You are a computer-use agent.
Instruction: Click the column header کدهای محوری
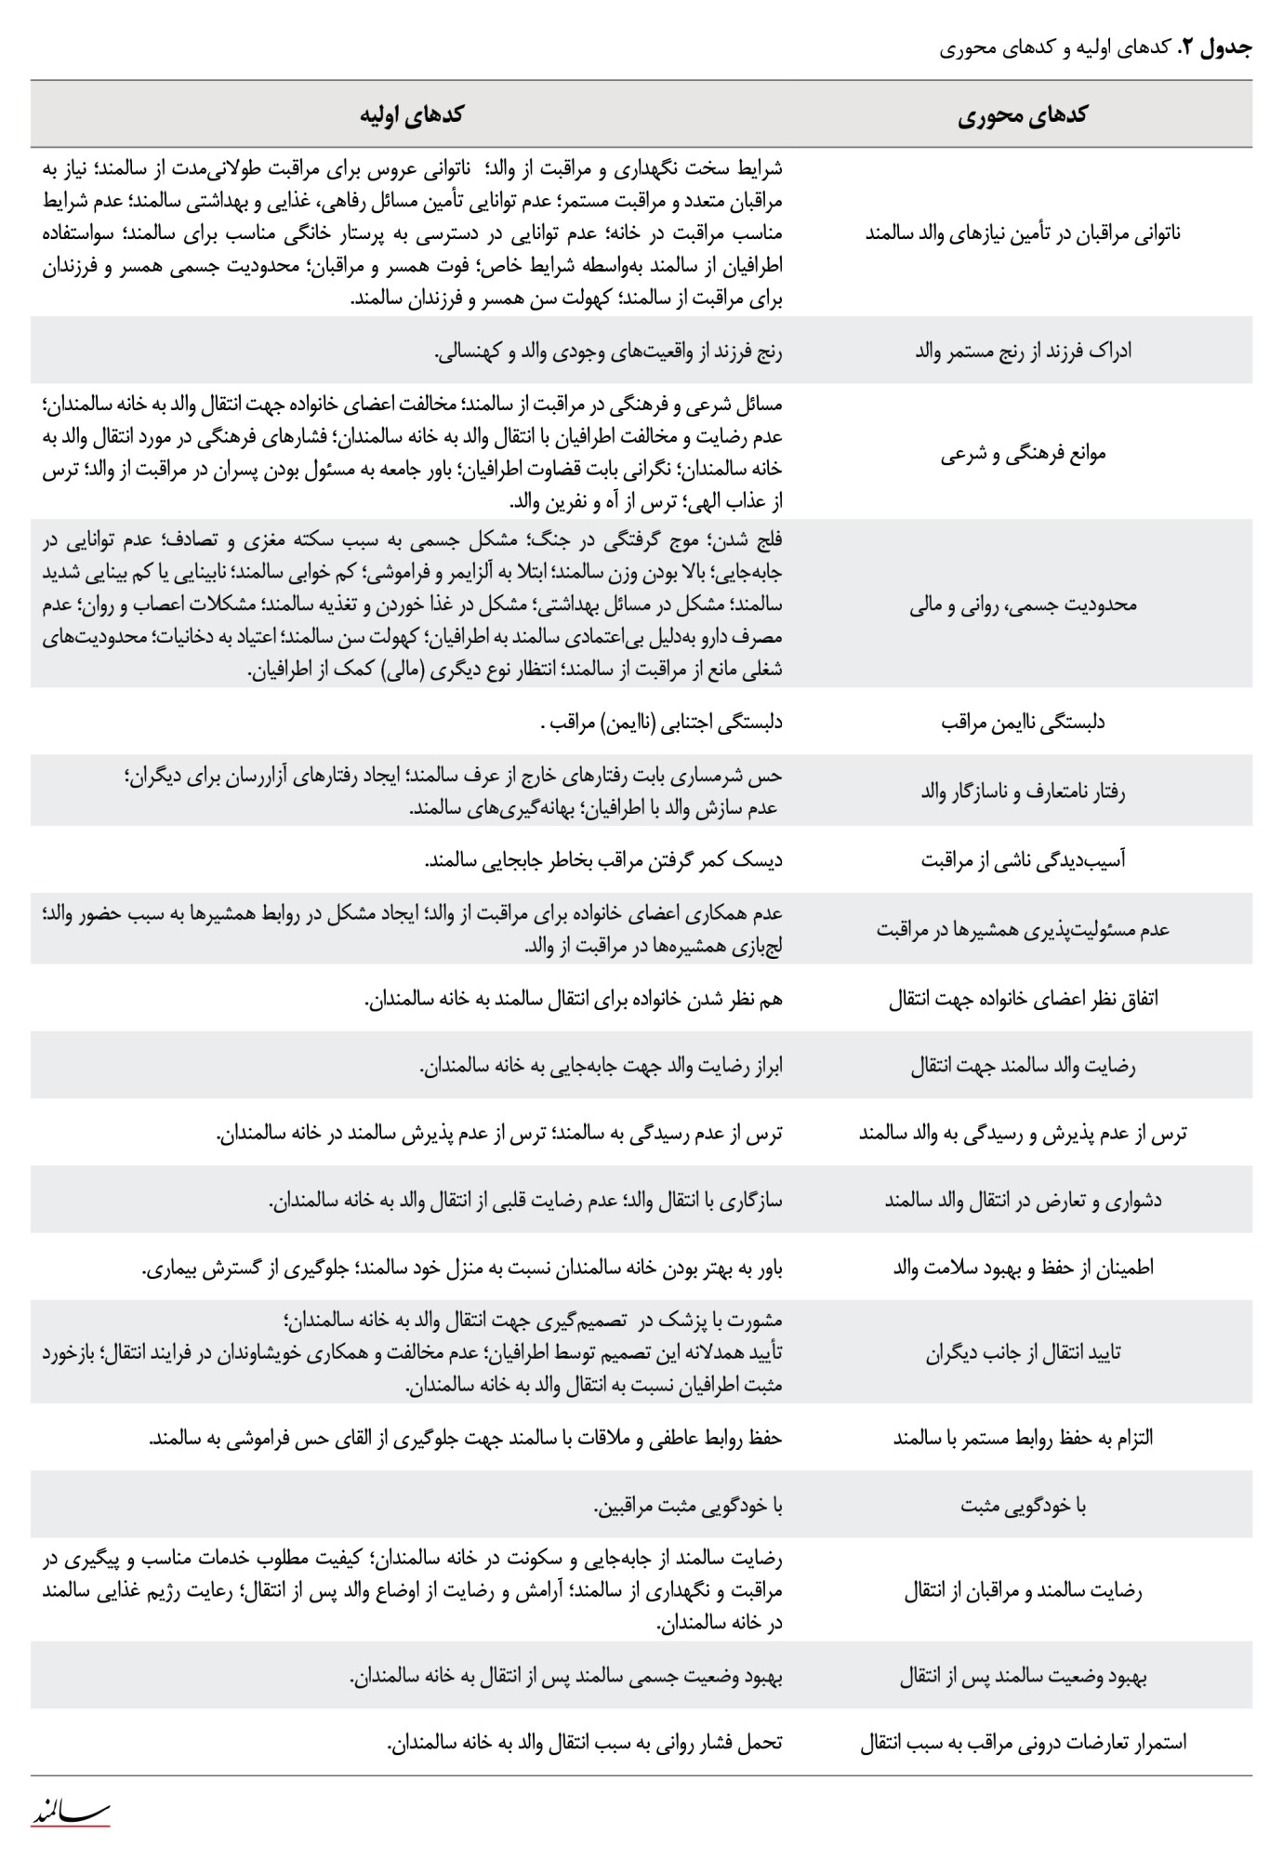click(1022, 115)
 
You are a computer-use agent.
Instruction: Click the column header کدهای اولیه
click(412, 115)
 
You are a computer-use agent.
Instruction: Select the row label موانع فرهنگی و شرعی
click(1023, 455)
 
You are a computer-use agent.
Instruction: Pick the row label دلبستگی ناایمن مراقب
click(1023, 723)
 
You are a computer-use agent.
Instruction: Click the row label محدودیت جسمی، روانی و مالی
click(1023, 605)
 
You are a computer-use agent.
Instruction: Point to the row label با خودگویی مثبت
click(1023, 1506)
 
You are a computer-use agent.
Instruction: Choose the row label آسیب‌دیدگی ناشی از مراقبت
click(1023, 860)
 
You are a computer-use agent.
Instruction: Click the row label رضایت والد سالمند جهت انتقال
click(1023, 1066)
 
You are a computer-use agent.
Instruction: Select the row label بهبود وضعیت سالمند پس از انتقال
click(1023, 1677)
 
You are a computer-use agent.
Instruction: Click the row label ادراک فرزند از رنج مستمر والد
click(1023, 352)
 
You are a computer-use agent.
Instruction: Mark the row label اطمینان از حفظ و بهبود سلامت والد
click(1023, 1268)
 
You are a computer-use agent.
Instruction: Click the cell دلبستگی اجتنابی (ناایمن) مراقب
click(661, 723)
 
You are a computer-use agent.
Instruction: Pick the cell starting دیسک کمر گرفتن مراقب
click(603, 860)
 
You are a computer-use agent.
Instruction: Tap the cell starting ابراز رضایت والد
click(601, 1066)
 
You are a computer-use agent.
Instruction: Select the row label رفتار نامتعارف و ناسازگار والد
click(1023, 792)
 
